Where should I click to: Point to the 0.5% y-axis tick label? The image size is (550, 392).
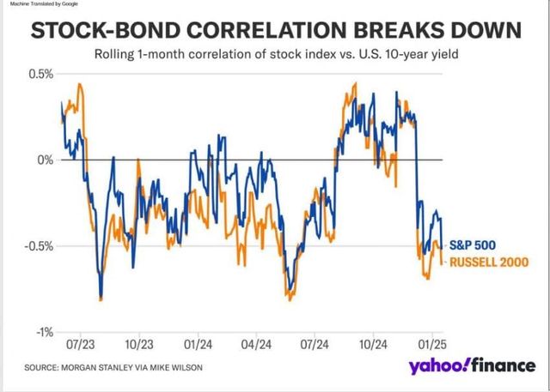pyautogui.click(x=40, y=75)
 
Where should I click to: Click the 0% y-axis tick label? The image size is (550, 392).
pyautogui.click(x=45, y=160)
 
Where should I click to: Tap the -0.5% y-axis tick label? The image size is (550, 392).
pyautogui.click(x=38, y=246)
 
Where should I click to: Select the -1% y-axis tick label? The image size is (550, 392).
pyautogui.click(x=43, y=332)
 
